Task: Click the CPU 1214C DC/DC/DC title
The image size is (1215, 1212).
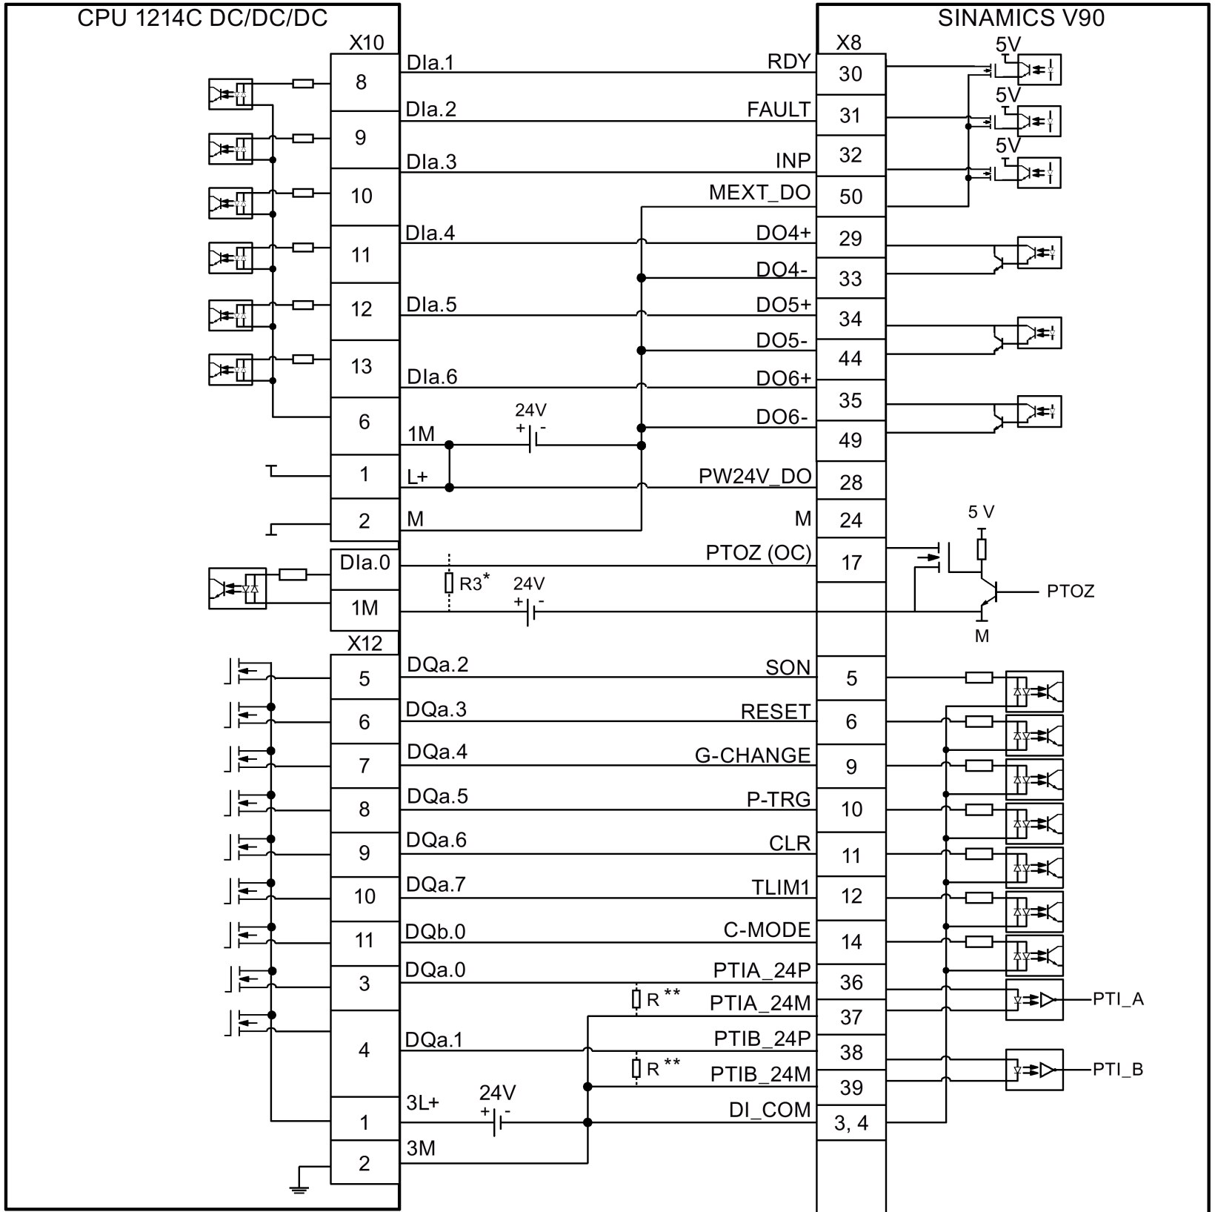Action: coord(202,19)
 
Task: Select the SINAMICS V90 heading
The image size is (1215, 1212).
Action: coord(1020,19)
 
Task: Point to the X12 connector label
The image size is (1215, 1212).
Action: coord(365,643)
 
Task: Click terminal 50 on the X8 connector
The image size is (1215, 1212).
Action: coord(850,196)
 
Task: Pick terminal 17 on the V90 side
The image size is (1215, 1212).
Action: coord(851,563)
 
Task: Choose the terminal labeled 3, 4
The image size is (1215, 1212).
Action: coord(851,1123)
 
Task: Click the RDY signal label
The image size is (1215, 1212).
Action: coord(789,62)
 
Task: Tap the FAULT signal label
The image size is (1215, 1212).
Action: coord(779,110)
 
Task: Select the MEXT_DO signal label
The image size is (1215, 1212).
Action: coord(759,193)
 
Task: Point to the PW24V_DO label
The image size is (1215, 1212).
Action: coord(755,476)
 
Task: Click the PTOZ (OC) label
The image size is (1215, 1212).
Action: coord(758,553)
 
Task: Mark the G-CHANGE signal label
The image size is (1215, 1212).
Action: coord(752,755)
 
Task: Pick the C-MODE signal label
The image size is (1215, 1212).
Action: coord(767,930)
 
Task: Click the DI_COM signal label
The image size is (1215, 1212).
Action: coord(770,1110)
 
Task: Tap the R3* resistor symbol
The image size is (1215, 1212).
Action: coord(448,583)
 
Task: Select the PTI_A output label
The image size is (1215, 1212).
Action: coord(1118,999)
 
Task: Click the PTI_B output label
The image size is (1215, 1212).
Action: coord(1118,1069)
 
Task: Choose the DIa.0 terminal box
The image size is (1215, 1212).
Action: coord(364,563)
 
